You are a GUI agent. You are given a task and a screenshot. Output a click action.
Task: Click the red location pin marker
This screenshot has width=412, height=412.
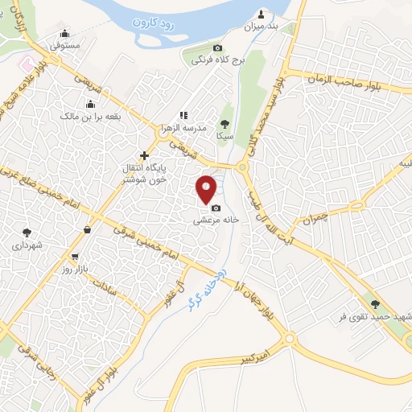click(207, 188)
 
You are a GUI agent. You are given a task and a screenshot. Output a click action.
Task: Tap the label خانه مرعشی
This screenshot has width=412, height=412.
click(215, 220)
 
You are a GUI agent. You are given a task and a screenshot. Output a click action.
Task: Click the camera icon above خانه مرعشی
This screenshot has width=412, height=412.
click(216, 208)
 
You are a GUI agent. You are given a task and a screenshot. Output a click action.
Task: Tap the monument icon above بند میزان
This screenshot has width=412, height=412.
click(261, 14)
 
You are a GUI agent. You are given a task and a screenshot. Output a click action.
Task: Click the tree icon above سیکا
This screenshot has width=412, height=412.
click(225, 123)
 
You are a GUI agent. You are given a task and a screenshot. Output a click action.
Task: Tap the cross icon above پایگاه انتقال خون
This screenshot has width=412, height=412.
click(144, 155)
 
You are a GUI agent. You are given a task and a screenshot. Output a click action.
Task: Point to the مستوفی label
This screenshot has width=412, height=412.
click(65, 46)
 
